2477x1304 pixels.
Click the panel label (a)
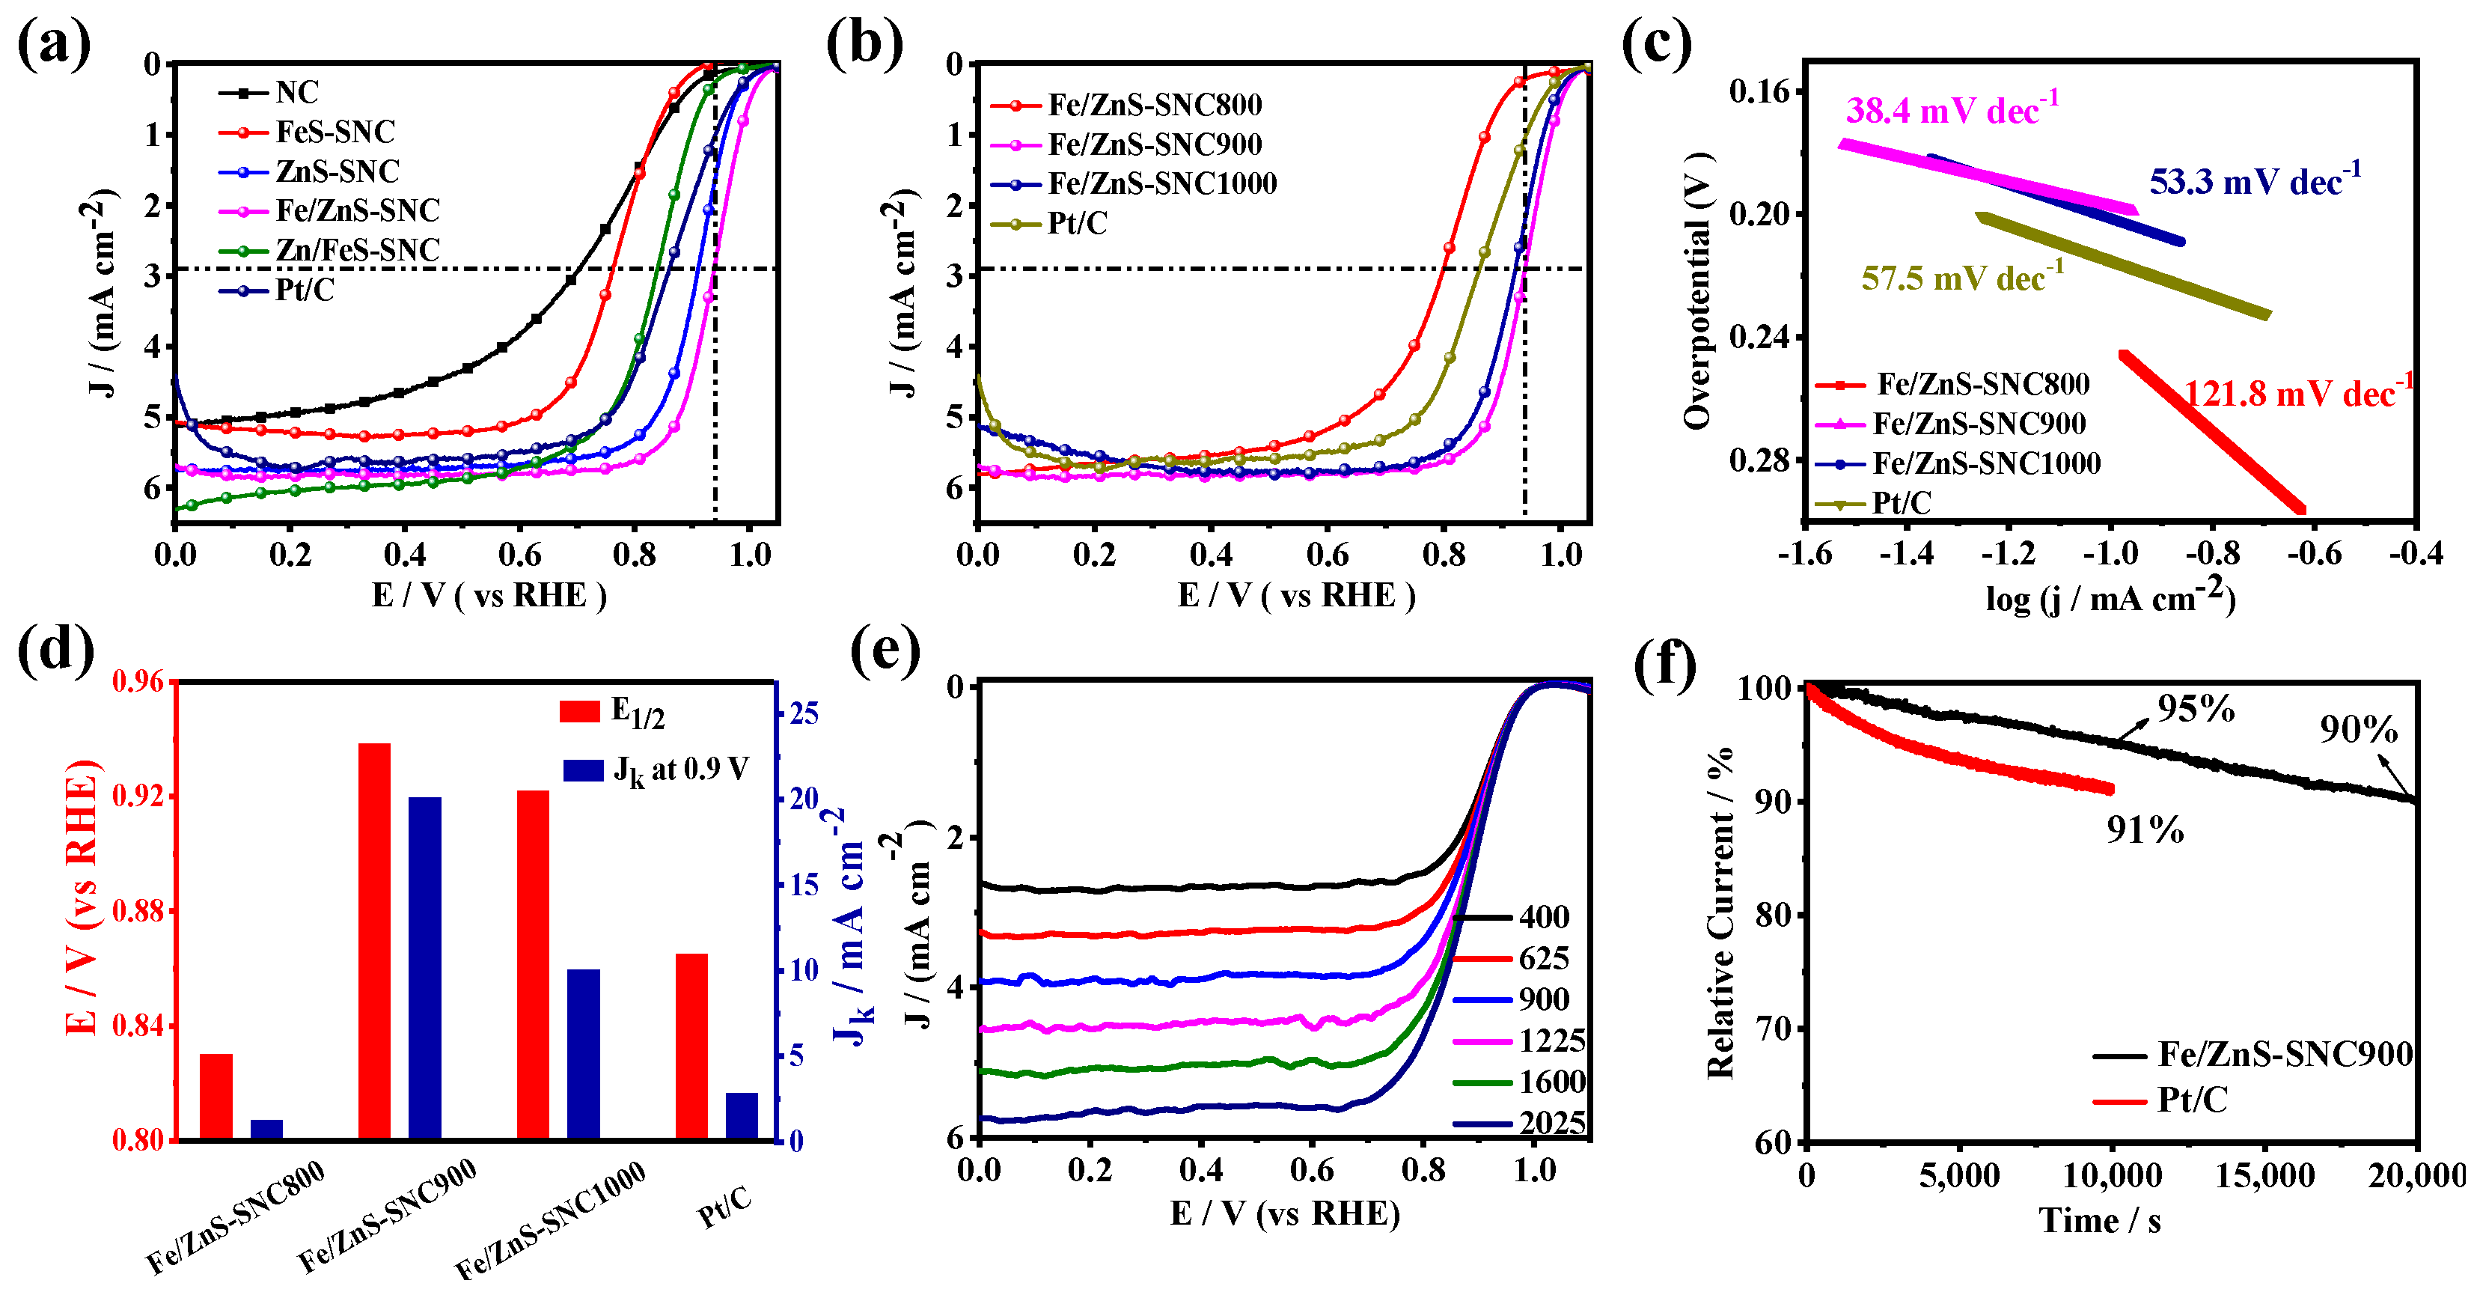pyautogui.click(x=54, y=44)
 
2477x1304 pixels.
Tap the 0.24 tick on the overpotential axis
pyautogui.click(x=1759, y=337)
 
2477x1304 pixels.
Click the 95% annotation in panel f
pyautogui.click(x=2196, y=709)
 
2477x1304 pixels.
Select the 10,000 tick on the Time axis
pyautogui.click(x=2113, y=1175)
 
